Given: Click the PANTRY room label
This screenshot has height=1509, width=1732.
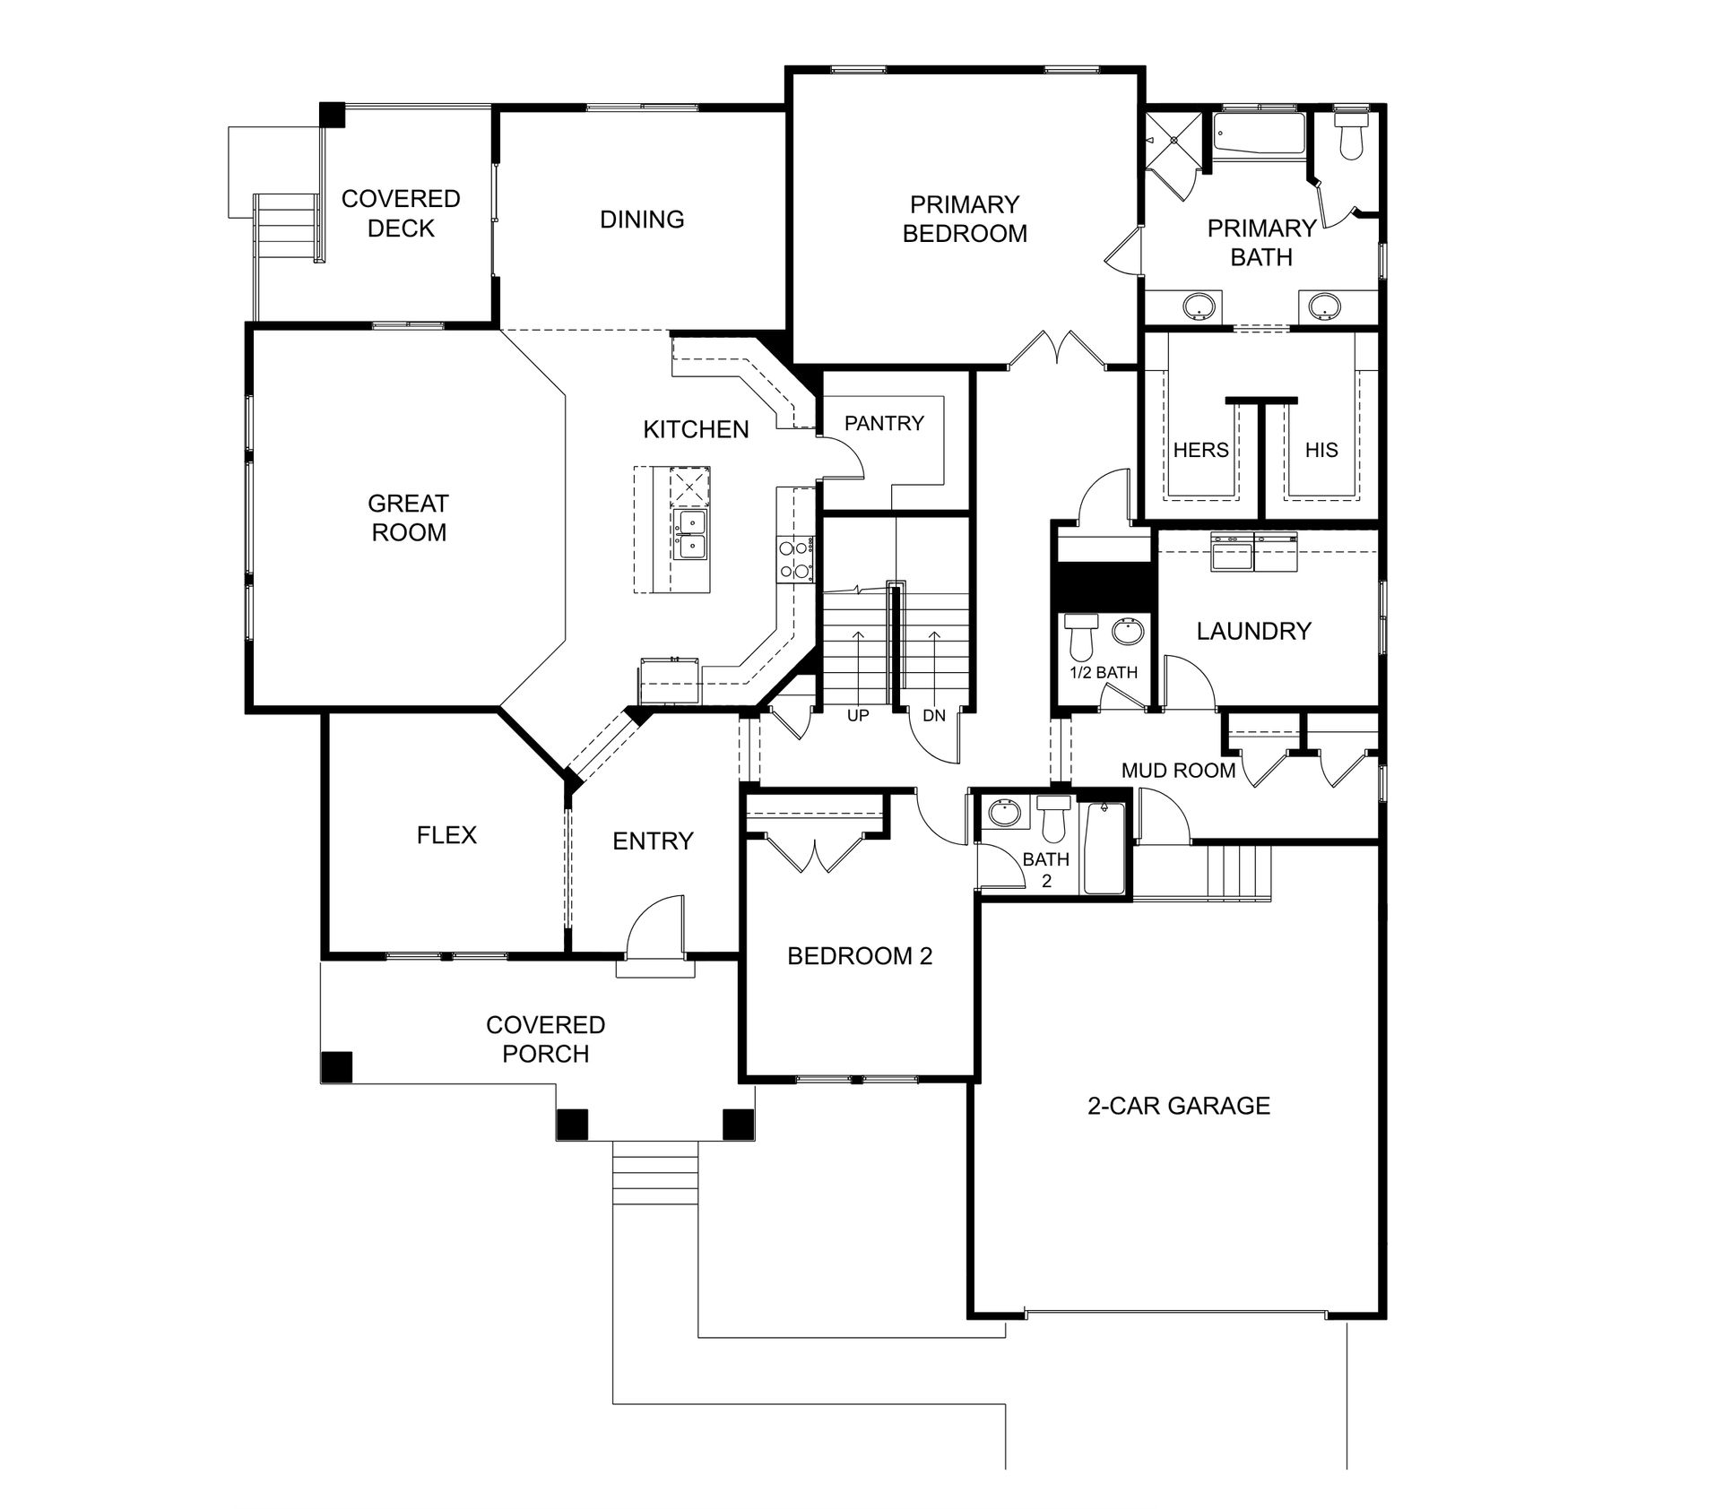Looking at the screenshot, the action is (x=884, y=423).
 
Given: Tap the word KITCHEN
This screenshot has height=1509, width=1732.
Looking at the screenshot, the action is (x=696, y=429).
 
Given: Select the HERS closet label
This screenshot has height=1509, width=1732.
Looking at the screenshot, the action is (x=1200, y=450).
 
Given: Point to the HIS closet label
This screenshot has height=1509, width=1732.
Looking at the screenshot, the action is (x=1321, y=450).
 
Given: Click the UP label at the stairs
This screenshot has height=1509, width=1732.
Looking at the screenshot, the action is (x=858, y=716).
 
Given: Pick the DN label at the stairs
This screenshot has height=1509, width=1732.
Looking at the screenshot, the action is (x=934, y=716).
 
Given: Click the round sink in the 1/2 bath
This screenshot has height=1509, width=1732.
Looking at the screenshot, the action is (x=1128, y=632).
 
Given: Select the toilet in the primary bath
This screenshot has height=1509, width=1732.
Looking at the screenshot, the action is (x=1350, y=135).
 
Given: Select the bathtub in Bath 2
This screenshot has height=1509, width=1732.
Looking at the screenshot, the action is (x=1104, y=848).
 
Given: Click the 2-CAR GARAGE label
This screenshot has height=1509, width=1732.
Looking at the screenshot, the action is (x=1179, y=1106).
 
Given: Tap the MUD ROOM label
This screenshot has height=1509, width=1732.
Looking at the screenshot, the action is (x=1178, y=770).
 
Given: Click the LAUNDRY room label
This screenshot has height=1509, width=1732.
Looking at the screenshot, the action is (x=1253, y=631).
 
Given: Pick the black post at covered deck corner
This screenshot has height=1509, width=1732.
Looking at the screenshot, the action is (x=333, y=115).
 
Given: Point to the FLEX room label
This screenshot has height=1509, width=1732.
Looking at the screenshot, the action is (x=446, y=835).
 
